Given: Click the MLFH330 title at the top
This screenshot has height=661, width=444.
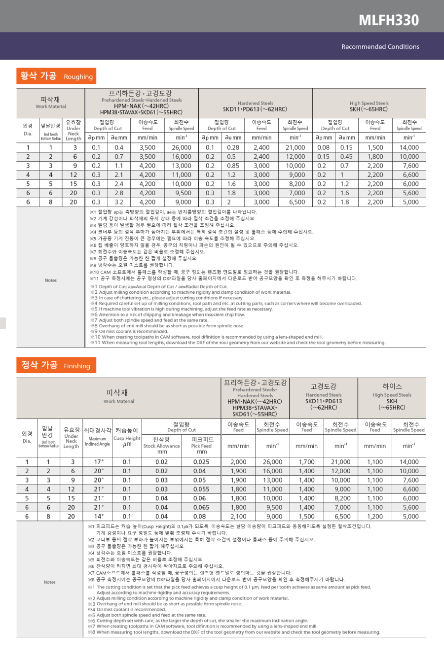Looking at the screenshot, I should [388, 20].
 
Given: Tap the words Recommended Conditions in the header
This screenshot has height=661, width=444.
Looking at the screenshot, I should [380, 47].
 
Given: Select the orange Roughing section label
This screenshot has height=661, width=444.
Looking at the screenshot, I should [56, 76].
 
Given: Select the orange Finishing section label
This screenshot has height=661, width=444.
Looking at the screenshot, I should [56, 366].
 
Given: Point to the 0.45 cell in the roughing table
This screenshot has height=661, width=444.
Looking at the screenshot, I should [346, 157].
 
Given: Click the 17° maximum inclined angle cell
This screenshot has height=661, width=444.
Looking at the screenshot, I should [99, 462].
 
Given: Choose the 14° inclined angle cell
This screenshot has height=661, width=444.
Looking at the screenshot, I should [99, 517].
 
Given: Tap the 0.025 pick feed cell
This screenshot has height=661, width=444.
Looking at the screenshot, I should [201, 462].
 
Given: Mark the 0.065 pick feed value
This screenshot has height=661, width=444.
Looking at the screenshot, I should [201, 507].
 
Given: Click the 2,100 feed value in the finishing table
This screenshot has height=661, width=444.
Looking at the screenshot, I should [238, 517].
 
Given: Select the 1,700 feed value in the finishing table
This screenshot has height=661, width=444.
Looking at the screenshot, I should [306, 462].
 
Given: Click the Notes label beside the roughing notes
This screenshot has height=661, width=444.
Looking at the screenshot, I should [51, 280].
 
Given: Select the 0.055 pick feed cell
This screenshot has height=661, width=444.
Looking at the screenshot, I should [201, 489].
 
